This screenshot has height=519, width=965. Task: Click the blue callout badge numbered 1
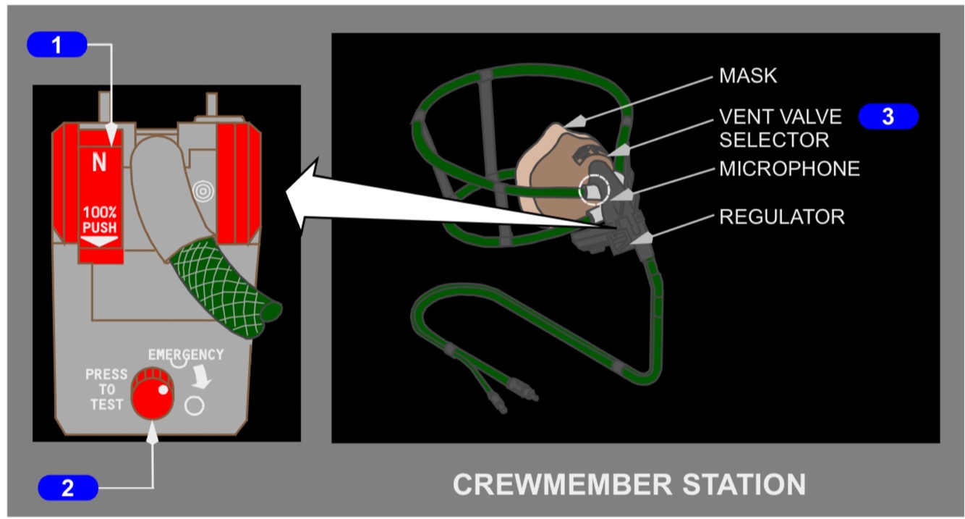(56, 45)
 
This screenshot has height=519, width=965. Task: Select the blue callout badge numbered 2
(67, 488)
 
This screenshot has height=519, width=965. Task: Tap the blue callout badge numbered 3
(888, 117)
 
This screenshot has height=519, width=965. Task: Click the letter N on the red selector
(99, 163)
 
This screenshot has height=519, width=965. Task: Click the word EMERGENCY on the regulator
(186, 355)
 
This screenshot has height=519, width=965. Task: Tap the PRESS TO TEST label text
(106, 389)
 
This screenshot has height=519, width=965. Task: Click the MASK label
(748, 76)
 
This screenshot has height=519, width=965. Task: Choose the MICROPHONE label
(789, 169)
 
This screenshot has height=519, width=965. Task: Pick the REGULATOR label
(781, 216)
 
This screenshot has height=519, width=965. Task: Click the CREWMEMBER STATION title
(629, 484)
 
